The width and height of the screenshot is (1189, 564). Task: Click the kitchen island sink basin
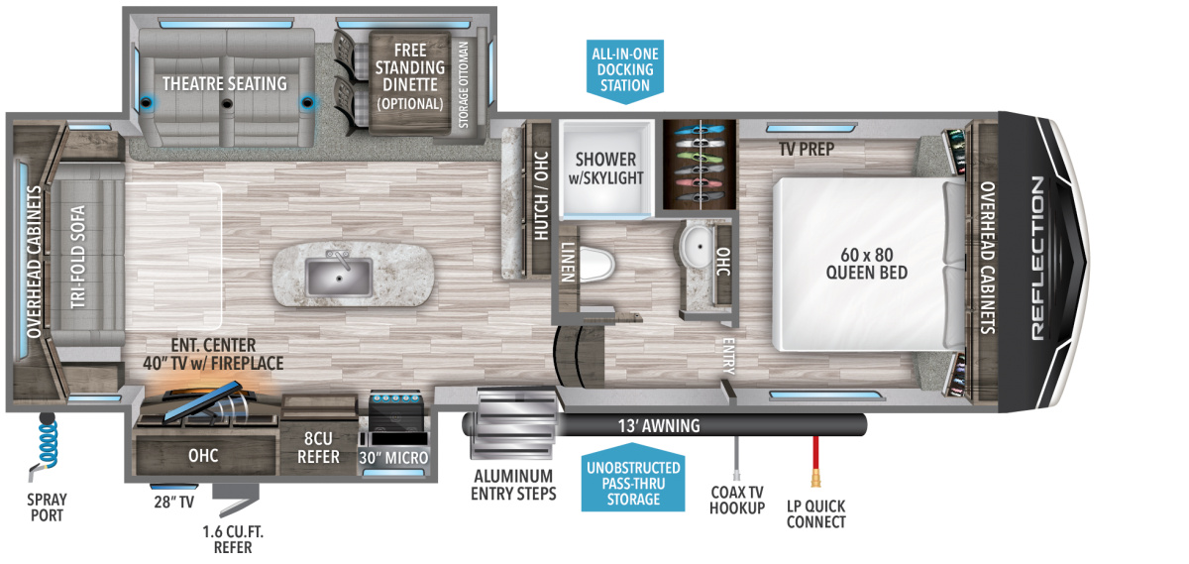tap(341, 276)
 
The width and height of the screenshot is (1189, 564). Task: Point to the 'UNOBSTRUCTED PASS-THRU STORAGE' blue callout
tap(631, 483)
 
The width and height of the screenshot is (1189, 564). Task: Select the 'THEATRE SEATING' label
tap(225, 83)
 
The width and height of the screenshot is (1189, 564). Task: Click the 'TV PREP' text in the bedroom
tap(806, 150)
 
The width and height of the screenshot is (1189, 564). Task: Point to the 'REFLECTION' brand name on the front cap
tap(1036, 258)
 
